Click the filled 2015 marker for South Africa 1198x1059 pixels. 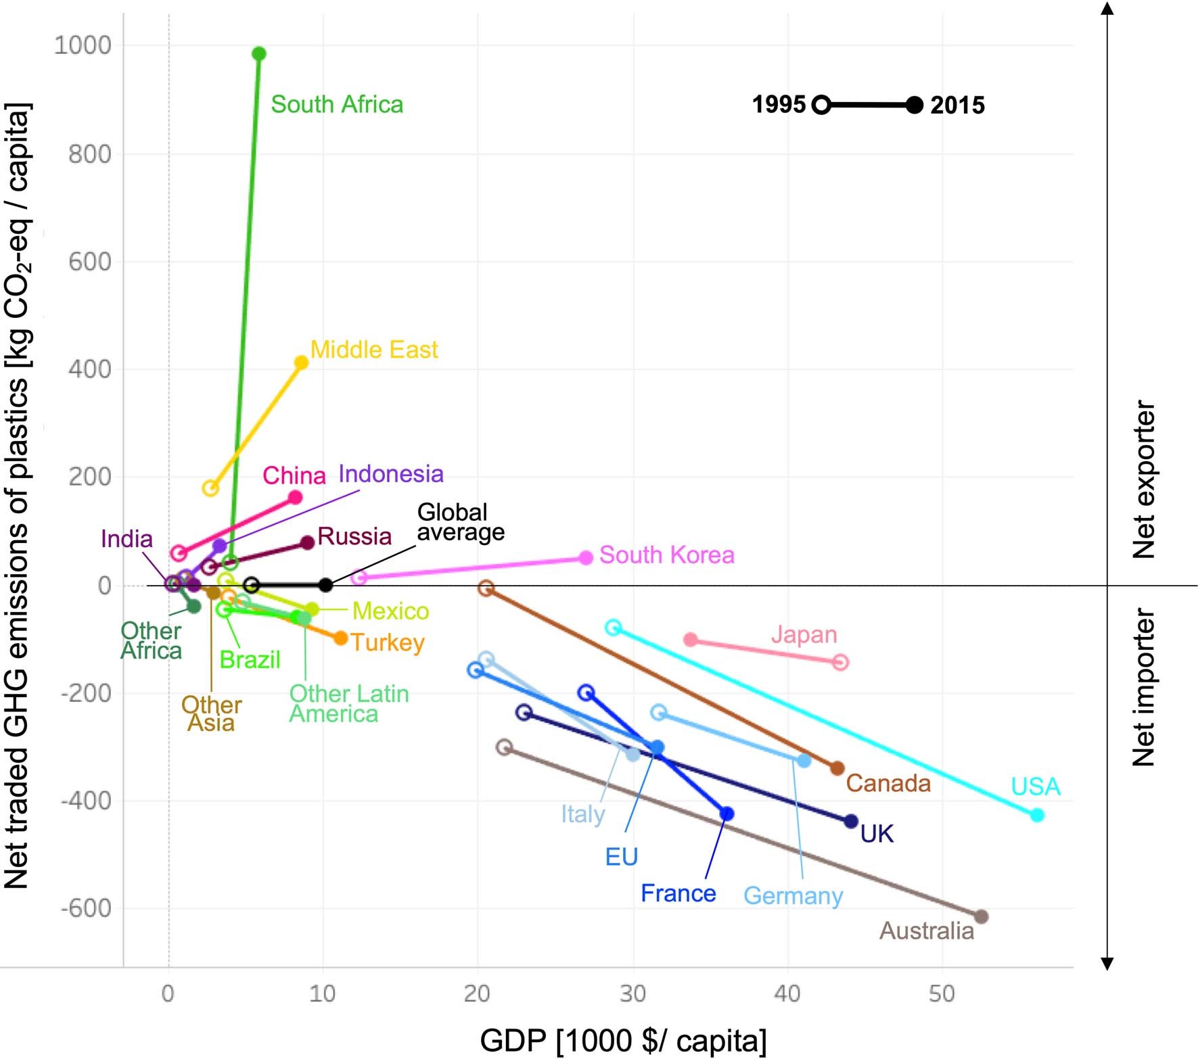pos(258,53)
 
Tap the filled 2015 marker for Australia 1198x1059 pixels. pos(981,916)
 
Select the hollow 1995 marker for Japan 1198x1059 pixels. pos(840,662)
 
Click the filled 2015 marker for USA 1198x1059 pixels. pos(1037,815)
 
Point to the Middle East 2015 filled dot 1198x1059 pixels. pos(302,362)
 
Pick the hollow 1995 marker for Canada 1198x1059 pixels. pos(486,588)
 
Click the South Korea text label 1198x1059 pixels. pos(666,555)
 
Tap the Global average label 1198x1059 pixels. pos(460,522)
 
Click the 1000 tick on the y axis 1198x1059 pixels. pos(83,45)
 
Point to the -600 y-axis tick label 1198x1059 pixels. pos(86,908)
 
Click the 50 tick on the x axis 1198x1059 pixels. pos(942,993)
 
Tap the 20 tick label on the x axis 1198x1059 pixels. pos(477,993)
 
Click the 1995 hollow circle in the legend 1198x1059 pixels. pos(821,105)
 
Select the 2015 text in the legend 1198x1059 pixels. pos(957,105)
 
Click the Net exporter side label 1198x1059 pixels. pos(1144,480)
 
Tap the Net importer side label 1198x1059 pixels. pos(1144,688)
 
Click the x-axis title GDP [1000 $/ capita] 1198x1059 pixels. pos(623,1040)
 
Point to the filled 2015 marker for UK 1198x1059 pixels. pos(851,821)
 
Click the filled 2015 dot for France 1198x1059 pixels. pos(727,814)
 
